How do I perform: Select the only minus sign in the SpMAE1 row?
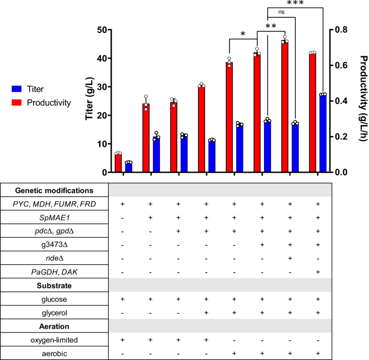124,217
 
